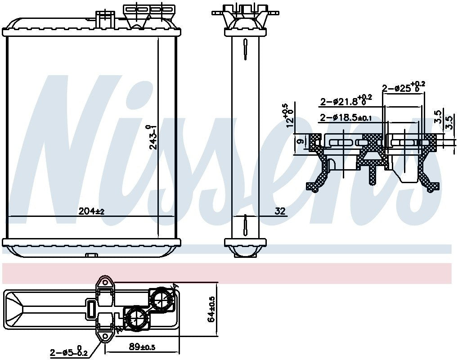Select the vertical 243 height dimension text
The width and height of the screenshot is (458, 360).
(153, 137)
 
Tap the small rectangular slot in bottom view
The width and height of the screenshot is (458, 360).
(91, 309)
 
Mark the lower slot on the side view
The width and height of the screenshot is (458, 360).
(245, 224)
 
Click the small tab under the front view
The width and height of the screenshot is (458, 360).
(91, 256)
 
